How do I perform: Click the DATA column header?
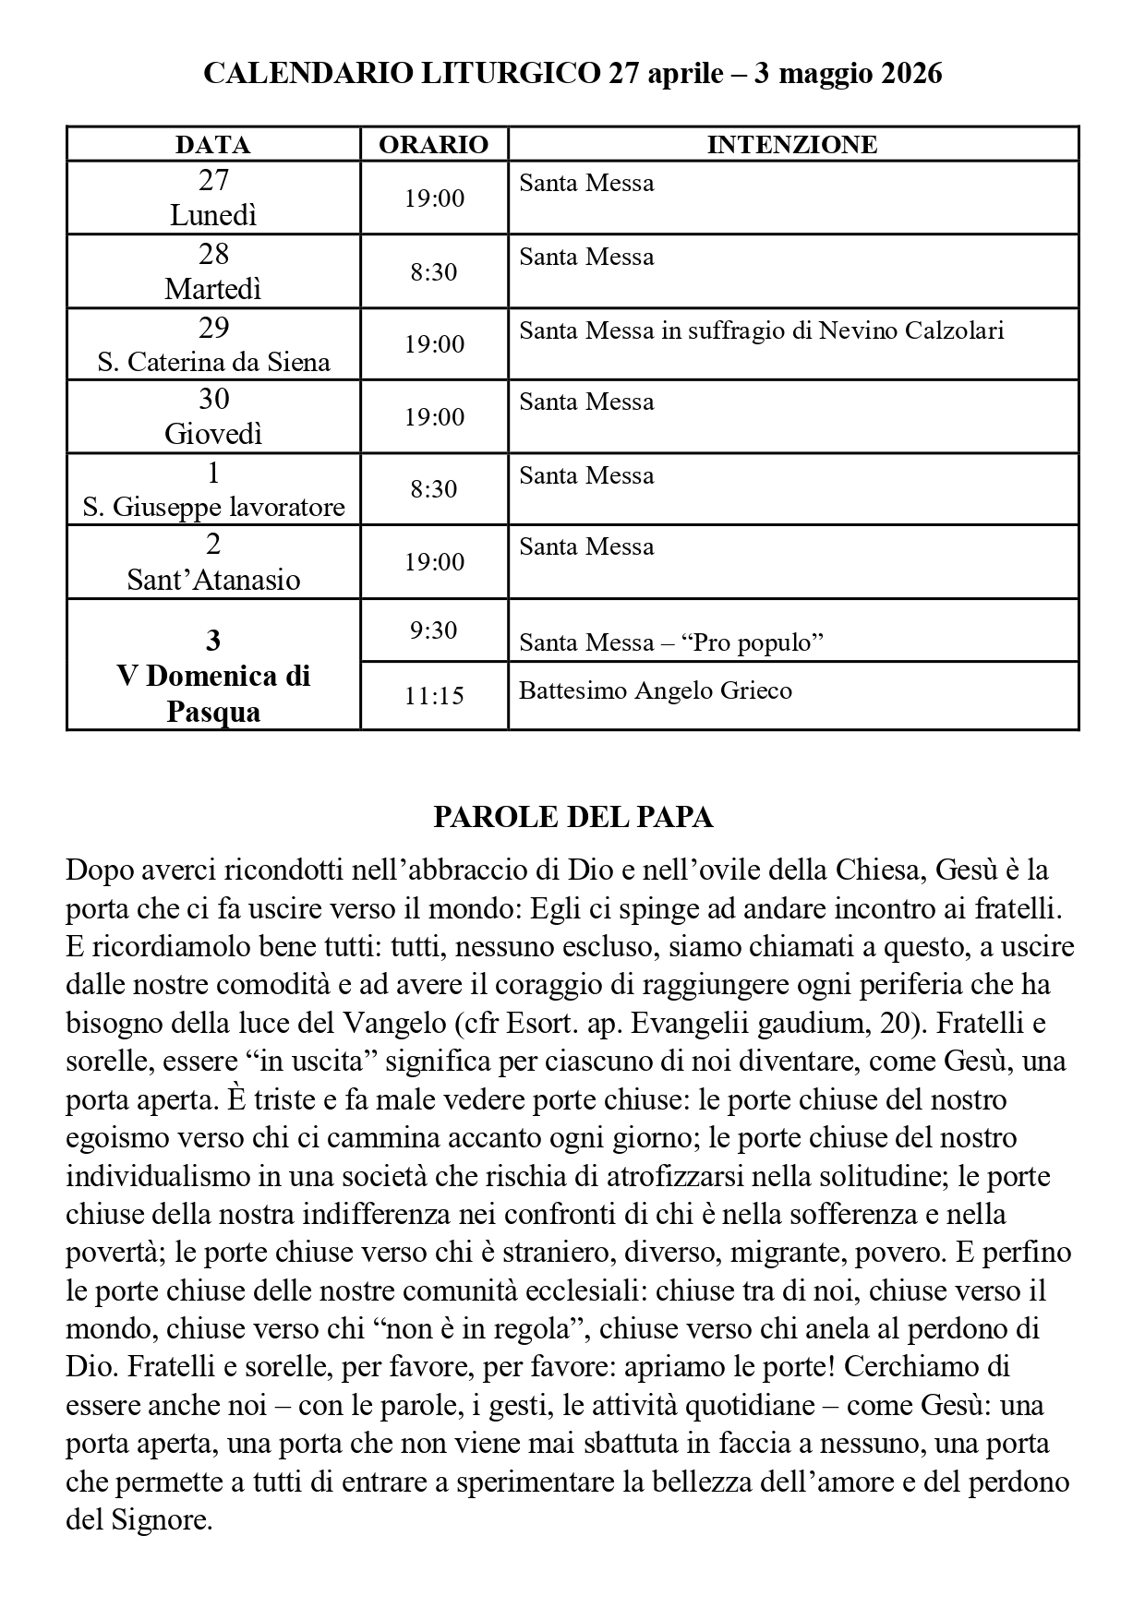[x=212, y=145]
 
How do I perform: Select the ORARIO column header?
[x=433, y=145]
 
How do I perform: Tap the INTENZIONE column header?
[x=792, y=145]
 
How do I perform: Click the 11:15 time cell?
[x=433, y=695]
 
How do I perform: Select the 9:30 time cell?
[x=433, y=630]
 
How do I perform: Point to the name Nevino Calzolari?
[x=911, y=330]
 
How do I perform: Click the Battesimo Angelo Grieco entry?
[x=655, y=690]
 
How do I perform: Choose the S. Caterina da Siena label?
[x=213, y=361]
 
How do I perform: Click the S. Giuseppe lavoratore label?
[x=213, y=507]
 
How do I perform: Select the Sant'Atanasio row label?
[x=213, y=580]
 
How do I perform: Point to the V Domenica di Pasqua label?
[x=213, y=693]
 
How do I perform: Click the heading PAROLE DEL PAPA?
[x=572, y=818]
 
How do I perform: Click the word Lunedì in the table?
[x=213, y=215]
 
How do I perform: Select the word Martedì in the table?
[x=213, y=289]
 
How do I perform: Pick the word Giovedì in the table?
[x=213, y=434]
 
